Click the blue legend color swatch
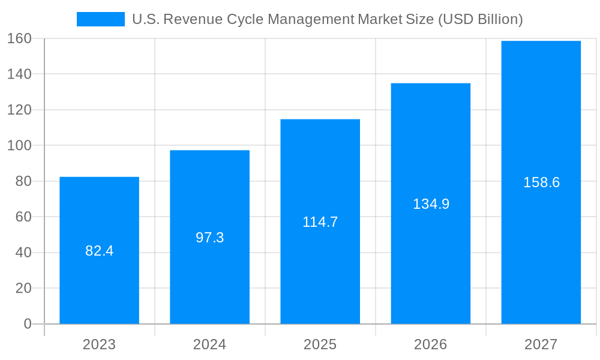point(100,19)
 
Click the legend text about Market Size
point(327,19)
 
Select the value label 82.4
point(99,251)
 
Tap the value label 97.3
point(209,238)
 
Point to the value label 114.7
point(320,222)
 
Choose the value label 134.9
point(431,204)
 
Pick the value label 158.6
point(541,182)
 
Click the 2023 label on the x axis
point(99,344)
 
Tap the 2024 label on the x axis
point(209,344)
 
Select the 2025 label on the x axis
point(320,344)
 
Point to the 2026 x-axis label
point(431,344)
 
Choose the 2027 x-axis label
point(541,344)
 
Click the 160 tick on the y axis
point(19,38)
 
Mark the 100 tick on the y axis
point(19,145)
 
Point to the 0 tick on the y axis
point(27,324)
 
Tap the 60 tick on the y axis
point(23,217)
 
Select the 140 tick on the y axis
point(19,74)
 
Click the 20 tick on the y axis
point(23,288)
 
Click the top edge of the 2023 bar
point(99,177)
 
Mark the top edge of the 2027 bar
point(541,41)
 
